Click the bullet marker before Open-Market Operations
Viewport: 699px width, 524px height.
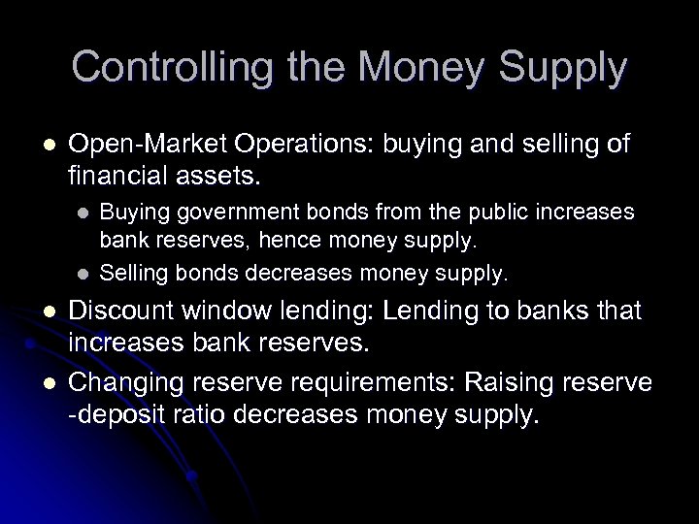38,147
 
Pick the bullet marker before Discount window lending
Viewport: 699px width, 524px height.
38,311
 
